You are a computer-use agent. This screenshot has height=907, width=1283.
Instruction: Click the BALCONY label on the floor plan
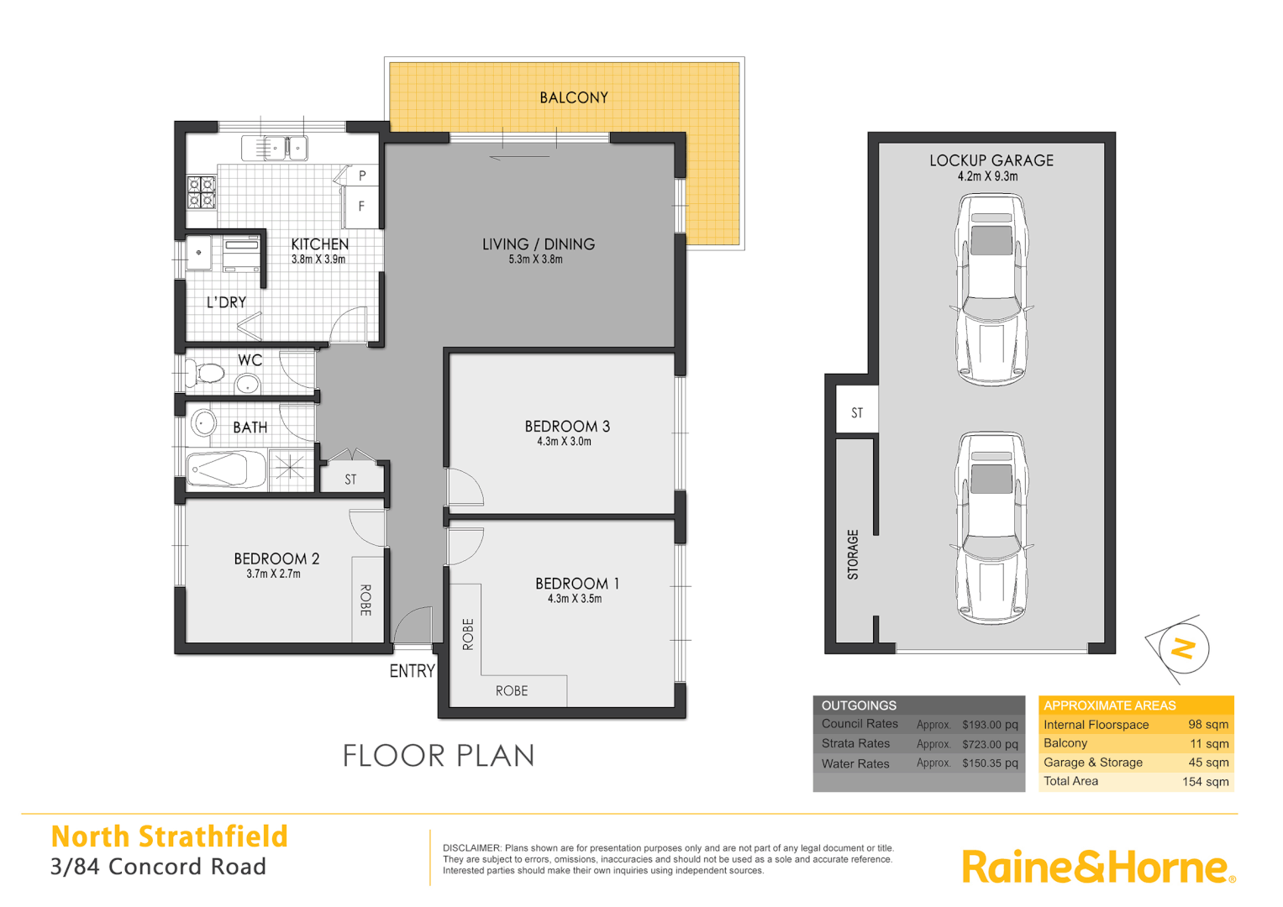point(574,97)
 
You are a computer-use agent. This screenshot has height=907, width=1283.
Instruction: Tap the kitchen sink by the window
point(275,149)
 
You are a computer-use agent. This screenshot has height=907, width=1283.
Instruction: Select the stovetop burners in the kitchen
point(202,192)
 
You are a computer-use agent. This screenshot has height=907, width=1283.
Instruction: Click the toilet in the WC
point(206,372)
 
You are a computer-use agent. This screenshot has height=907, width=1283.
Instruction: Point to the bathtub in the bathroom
point(224,469)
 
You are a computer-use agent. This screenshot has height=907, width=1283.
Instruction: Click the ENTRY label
point(412,671)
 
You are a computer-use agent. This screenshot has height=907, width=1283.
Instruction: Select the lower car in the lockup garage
point(991,527)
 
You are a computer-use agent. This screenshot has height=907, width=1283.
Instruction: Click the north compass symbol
point(1183,647)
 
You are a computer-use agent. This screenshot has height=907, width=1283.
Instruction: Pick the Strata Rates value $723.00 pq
point(990,744)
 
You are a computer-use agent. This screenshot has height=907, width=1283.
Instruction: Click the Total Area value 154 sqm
point(1205,782)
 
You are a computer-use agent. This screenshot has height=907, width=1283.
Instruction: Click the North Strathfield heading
point(169,836)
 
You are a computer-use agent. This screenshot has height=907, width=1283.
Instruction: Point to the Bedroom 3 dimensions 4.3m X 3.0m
point(564,442)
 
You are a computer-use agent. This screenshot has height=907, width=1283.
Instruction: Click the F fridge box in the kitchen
point(361,206)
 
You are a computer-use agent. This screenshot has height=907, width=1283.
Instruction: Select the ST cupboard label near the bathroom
point(350,480)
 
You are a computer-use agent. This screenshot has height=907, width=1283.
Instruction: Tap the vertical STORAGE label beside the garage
point(853,554)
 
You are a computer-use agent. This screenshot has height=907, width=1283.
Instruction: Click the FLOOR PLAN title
point(438,756)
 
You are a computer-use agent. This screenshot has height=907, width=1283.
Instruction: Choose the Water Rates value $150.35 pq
point(990,763)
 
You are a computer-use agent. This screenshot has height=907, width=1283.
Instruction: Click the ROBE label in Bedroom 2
point(365,600)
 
